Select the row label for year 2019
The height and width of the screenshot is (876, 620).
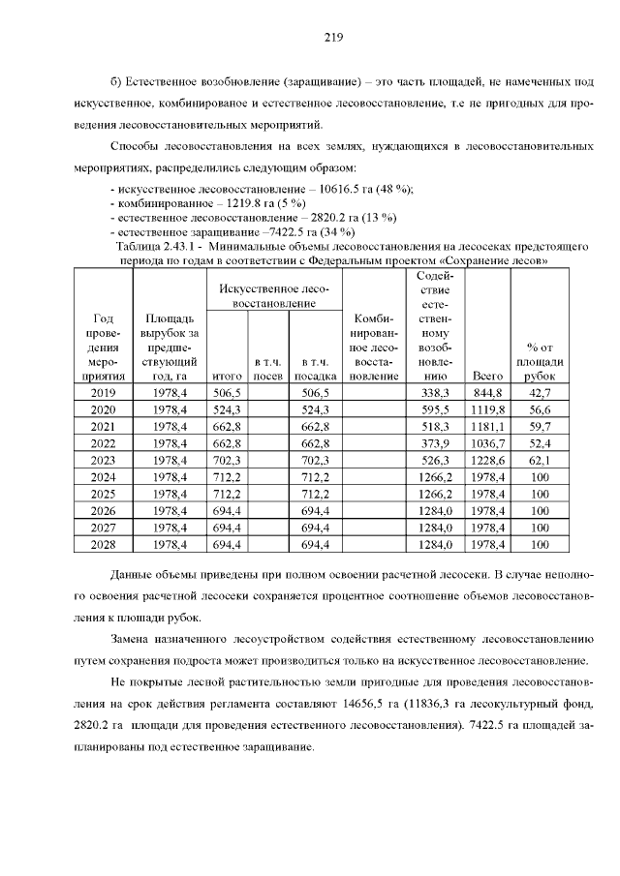click(102, 392)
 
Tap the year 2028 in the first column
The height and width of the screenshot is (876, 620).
click(102, 546)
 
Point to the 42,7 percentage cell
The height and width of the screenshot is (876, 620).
click(539, 392)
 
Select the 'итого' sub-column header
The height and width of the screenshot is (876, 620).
click(226, 375)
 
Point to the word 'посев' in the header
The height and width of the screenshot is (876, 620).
click(266, 375)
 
